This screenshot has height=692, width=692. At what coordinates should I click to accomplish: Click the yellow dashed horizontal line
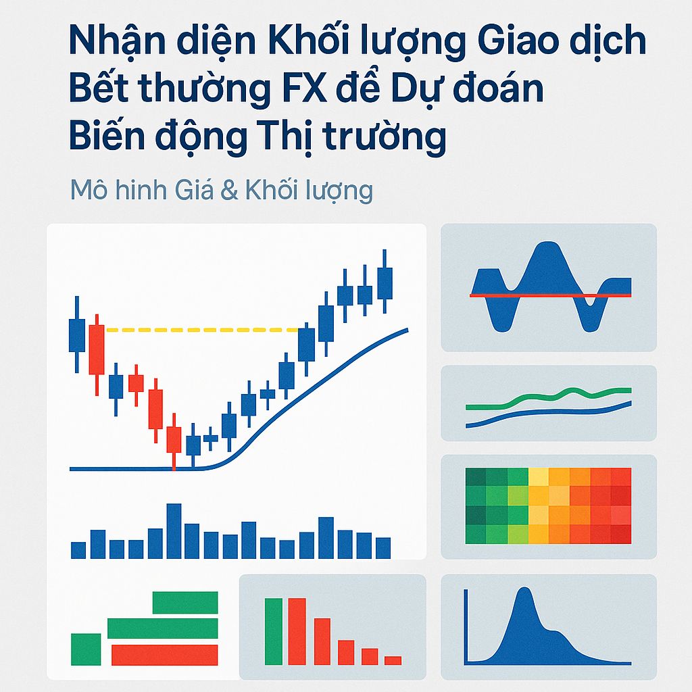coord(203,330)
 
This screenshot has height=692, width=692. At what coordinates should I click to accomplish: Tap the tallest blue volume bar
coord(174,530)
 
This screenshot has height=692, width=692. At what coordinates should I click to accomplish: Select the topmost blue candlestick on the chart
coord(385,282)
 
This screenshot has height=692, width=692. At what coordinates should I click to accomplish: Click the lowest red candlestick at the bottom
coord(174,439)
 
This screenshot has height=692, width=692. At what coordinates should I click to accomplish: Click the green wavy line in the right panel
coord(547,397)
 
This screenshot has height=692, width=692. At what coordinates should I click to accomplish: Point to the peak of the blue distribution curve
coord(521,592)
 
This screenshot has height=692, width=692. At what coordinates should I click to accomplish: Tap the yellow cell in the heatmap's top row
coord(538,476)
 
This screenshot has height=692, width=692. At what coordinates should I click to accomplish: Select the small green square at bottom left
coord(86,649)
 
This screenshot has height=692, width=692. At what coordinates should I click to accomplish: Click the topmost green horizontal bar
coord(185,602)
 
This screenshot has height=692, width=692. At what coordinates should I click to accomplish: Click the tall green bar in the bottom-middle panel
coord(273,631)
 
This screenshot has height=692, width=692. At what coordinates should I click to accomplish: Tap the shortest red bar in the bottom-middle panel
coord(393,660)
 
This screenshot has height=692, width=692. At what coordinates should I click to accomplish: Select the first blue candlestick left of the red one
coord(77,335)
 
